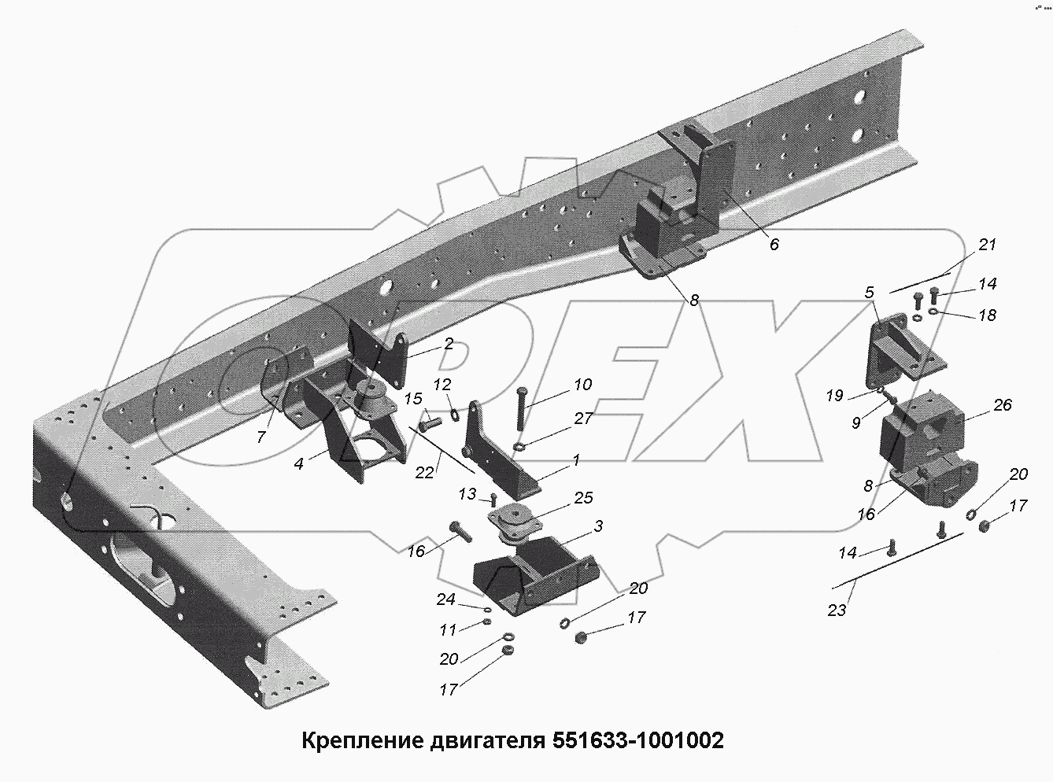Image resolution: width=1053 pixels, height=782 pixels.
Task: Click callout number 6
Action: click(x=774, y=245)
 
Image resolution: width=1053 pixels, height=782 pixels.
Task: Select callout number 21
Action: click(x=987, y=245)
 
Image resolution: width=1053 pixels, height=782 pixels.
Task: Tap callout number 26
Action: click(x=1002, y=405)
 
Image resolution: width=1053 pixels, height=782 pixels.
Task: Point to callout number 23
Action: click(x=836, y=610)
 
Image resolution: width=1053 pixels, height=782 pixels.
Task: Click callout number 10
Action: click(x=582, y=385)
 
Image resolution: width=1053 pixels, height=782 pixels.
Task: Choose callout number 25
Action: click(x=583, y=498)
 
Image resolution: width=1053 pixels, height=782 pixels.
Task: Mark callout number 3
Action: click(x=598, y=526)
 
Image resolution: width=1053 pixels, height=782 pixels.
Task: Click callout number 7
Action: click(x=261, y=437)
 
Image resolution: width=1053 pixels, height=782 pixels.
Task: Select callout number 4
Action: click(x=298, y=464)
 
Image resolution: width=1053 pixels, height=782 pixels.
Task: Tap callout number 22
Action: click(x=425, y=472)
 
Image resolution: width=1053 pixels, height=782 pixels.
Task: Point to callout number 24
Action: click(x=446, y=599)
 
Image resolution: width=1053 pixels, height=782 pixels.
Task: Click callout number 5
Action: click(x=868, y=293)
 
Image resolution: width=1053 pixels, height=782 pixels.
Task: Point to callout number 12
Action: click(x=442, y=385)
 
